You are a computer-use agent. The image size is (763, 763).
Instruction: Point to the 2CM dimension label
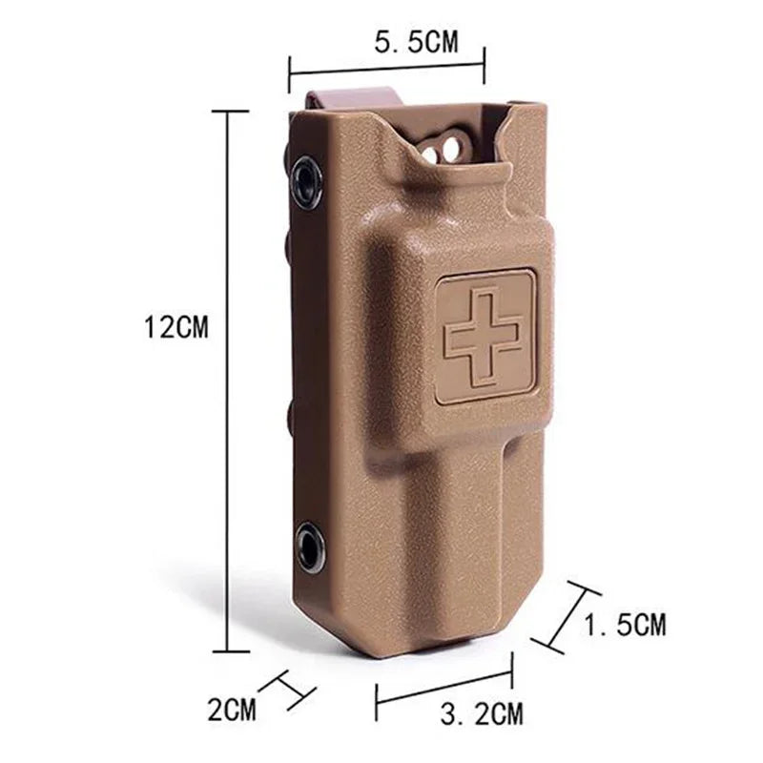233,709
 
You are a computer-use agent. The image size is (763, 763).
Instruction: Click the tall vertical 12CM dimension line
228,381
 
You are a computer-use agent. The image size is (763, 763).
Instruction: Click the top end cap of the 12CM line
228,112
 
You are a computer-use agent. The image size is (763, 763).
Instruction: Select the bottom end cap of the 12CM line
229,652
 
